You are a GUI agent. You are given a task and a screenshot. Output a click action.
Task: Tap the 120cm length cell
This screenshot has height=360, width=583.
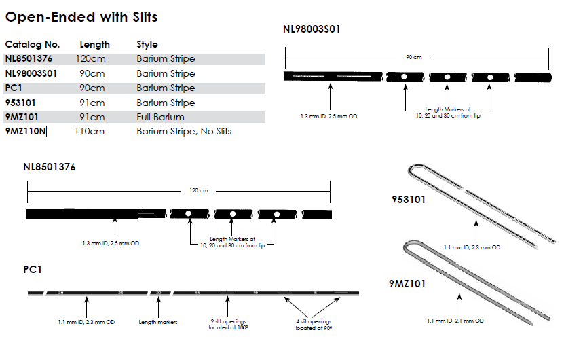point(91,58)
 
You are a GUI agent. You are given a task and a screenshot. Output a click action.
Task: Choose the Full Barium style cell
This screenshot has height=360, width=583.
point(160,117)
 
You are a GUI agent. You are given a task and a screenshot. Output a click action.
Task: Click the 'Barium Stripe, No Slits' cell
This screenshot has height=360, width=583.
point(184,131)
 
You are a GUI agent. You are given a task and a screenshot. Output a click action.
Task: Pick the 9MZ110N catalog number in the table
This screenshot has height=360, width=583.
point(26,131)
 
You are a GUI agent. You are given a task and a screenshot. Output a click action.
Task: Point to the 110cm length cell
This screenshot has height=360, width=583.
point(90,131)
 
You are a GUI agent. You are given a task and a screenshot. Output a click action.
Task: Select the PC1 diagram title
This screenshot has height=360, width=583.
point(33,270)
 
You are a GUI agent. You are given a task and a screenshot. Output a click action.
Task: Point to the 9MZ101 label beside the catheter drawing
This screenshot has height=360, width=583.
point(409,284)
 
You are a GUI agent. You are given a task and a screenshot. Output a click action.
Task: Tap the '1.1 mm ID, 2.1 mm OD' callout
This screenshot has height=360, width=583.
point(455,320)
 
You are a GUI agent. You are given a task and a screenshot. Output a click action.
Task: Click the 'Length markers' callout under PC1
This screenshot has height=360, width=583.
point(158,322)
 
